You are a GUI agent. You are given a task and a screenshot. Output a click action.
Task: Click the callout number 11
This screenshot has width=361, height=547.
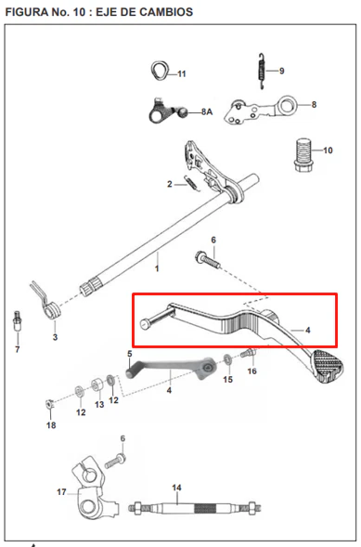[x=182, y=74]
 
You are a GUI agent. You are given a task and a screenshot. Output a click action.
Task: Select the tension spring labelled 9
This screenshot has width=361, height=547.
[x=262, y=72]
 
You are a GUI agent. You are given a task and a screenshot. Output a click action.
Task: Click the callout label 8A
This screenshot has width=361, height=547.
[x=207, y=112]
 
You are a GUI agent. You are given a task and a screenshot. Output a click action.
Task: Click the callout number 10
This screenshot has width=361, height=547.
[x=328, y=150]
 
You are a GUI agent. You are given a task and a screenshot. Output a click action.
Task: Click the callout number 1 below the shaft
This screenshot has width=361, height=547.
[x=157, y=268]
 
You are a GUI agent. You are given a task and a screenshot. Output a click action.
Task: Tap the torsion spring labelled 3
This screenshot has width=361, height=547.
[x=45, y=300]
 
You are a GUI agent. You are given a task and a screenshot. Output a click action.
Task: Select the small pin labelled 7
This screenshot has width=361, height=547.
[x=16, y=320]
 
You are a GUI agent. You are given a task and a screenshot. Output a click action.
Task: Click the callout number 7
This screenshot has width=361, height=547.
[x=18, y=349]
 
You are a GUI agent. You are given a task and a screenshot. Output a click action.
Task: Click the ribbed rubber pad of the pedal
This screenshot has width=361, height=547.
[x=328, y=366]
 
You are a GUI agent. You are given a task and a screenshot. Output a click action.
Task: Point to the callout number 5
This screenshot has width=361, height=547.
[x=130, y=354]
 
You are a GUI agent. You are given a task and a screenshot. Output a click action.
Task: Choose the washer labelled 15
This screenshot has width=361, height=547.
[x=228, y=359]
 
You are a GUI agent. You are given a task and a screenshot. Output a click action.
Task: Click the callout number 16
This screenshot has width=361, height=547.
[x=251, y=371]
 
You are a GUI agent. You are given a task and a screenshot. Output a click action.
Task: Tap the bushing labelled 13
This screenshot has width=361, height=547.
[x=97, y=385]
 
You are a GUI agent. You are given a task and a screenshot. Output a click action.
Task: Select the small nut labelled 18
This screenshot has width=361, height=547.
[x=49, y=404]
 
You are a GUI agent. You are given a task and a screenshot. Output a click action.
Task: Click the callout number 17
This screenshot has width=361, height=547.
[x=61, y=492]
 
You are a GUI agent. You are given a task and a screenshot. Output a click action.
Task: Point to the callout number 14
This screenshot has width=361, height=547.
[x=176, y=488]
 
